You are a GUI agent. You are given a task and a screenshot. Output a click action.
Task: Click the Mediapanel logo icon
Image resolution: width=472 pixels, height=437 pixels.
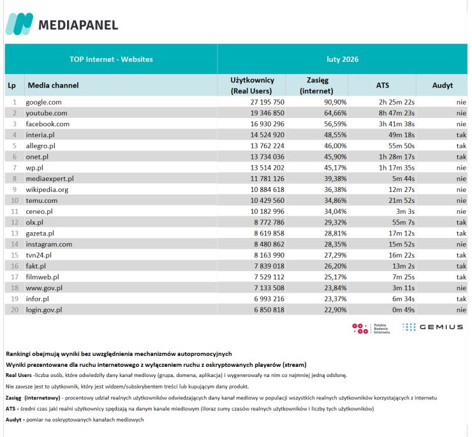point(19,24)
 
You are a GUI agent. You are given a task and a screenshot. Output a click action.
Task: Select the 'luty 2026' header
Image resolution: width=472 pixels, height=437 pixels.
point(343,59)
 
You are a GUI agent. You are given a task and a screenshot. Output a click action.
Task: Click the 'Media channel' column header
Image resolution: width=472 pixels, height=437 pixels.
point(53,85)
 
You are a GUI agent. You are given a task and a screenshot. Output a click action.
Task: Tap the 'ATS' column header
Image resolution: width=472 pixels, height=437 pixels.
point(382,85)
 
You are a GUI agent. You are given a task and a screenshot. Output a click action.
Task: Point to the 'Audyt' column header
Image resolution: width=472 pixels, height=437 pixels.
point(442,85)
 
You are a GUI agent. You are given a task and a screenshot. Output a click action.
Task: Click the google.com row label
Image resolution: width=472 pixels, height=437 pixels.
point(43,102)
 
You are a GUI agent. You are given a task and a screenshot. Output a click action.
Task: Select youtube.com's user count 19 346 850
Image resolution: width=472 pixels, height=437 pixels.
point(253,113)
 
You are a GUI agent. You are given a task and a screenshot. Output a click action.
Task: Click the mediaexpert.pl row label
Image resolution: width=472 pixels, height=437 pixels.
point(50,179)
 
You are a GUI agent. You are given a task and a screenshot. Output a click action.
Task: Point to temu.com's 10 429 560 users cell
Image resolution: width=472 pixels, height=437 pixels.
point(253,200)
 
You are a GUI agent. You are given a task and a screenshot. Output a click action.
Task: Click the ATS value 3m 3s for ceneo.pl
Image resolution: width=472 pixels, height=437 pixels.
point(406,211)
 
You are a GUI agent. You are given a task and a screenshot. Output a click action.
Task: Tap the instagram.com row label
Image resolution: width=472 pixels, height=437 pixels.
point(48,244)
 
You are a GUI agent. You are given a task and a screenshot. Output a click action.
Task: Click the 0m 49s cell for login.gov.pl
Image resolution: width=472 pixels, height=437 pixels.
point(403,309)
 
